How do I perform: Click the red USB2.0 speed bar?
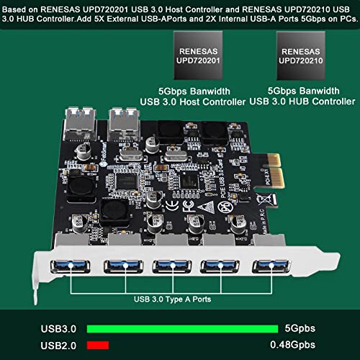pyautogui.click(x=93, y=344)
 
